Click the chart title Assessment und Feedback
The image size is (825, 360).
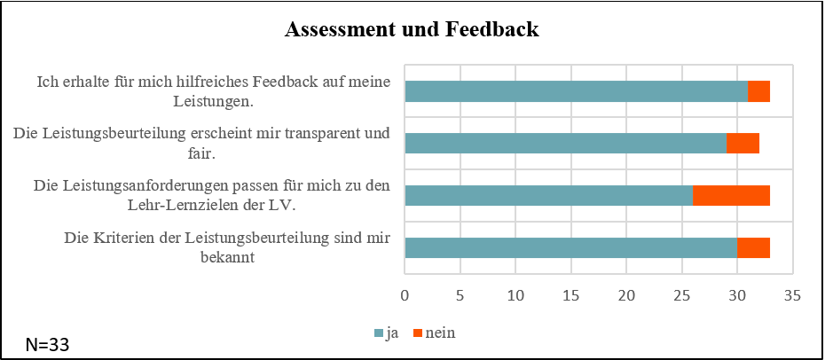pyautogui.click(x=412, y=30)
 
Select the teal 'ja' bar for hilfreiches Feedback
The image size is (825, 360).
pyautogui.click(x=577, y=91)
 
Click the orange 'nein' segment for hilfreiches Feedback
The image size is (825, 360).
pyautogui.click(x=758, y=91)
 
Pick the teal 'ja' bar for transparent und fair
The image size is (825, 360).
pyautogui.click(x=566, y=144)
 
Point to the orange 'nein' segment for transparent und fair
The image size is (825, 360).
pyautogui.click(x=742, y=144)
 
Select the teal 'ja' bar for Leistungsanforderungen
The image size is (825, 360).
pyautogui.click(x=549, y=195)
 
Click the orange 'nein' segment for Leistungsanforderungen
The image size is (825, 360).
pyautogui.click(x=731, y=195)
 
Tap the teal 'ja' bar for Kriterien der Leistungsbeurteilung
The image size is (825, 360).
pyautogui.click(x=571, y=247)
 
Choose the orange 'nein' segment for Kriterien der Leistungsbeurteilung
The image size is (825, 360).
pyautogui.click(x=753, y=247)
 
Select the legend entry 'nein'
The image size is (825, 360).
pyautogui.click(x=440, y=333)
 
